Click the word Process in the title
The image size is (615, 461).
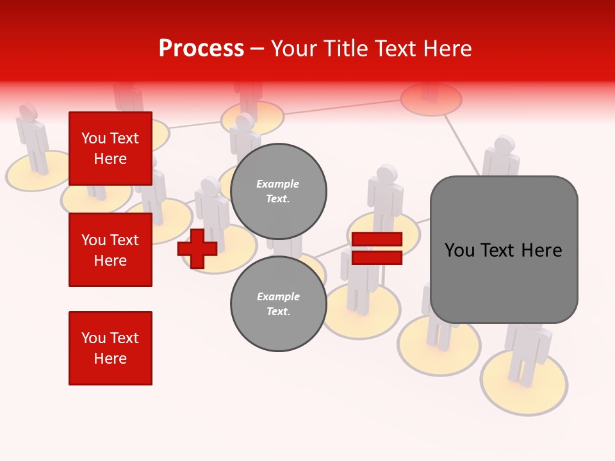pos(201,49)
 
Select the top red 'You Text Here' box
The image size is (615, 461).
pos(110,149)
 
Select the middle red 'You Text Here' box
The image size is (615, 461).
pos(110,250)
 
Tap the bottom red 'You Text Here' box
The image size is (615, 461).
pos(110,348)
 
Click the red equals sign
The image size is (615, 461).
pos(377,248)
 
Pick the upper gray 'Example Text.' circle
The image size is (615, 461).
pos(278,191)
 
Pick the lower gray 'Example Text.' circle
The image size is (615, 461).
pos(278,304)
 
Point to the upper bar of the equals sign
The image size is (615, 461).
pos(377,239)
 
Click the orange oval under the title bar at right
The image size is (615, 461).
pos(431,100)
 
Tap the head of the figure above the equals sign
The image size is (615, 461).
pos(387,174)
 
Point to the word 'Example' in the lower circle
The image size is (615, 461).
pos(278,296)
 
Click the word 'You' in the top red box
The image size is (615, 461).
pos(93,138)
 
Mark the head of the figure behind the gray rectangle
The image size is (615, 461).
pos(504,145)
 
